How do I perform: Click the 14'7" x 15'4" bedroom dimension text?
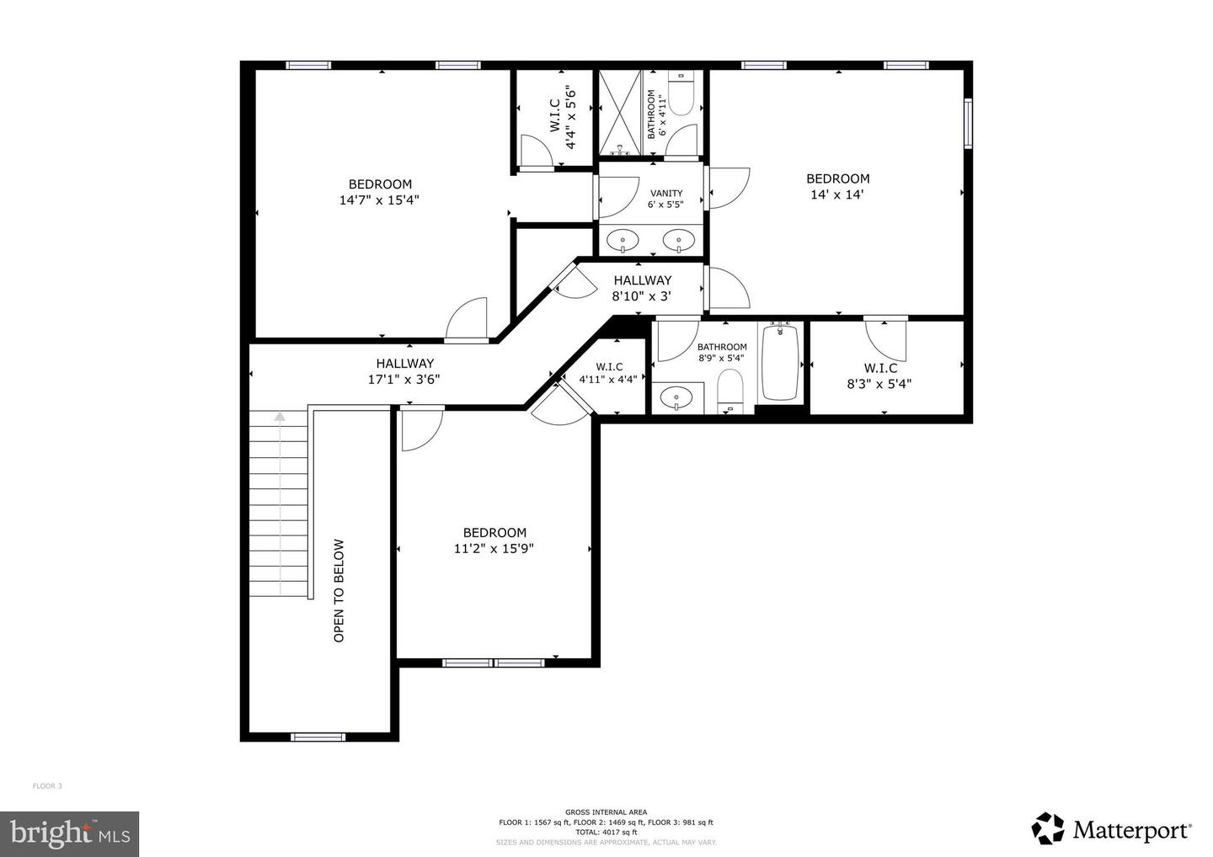379,200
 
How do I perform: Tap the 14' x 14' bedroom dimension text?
837,194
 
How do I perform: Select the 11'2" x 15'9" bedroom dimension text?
494,549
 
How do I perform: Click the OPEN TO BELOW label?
339,590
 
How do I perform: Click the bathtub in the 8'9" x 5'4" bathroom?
780,362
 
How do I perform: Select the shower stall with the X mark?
620,113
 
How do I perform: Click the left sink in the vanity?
623,242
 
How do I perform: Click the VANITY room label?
665,194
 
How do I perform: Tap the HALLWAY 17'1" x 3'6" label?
404,371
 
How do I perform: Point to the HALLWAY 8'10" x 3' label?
642,288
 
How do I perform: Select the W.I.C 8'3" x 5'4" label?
879,376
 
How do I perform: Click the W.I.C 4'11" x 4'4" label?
609,373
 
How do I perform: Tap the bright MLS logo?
69,833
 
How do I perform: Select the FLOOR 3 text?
47,786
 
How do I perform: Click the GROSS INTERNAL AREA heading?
606,812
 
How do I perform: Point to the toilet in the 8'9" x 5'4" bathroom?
730,392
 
